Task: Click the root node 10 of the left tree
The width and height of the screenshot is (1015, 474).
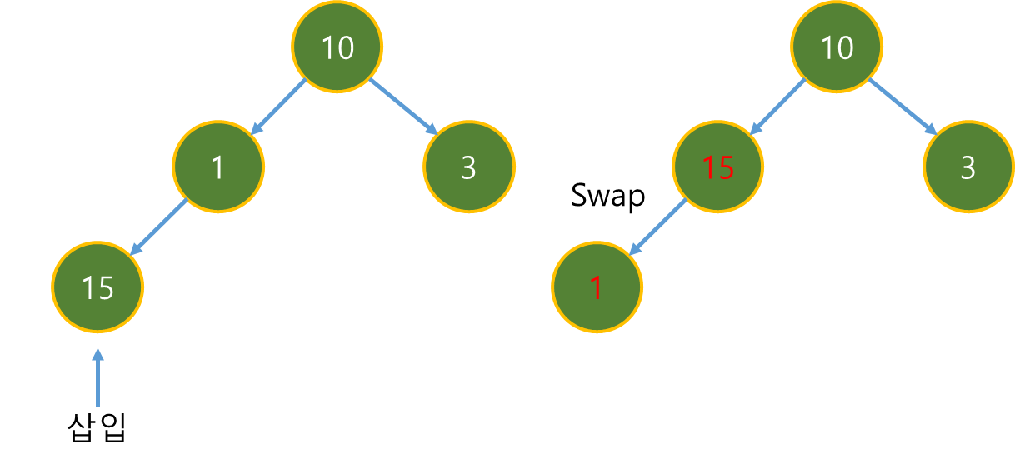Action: pos(337,47)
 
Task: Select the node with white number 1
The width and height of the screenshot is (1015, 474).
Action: pos(218,167)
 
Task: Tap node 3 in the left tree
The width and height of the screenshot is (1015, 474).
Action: pos(468,167)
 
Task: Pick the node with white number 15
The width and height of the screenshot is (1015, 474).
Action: pos(97,287)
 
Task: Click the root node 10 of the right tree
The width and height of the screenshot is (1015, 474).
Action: pos(837,47)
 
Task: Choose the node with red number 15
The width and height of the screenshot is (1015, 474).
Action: pos(717,167)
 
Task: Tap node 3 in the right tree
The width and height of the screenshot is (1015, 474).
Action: pos(967,167)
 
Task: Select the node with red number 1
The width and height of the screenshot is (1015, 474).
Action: pos(597,287)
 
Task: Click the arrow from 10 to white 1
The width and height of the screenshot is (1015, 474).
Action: pos(279,107)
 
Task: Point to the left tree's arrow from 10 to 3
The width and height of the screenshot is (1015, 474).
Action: pos(403,107)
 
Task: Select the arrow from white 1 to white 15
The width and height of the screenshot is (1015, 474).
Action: pos(159,227)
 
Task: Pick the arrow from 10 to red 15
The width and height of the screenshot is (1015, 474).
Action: pos(778,107)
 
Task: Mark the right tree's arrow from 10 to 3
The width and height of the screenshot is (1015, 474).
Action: pos(902,107)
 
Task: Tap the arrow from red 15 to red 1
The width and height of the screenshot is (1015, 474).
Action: pos(657,227)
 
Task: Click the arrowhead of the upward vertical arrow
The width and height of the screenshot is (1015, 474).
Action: pos(98,353)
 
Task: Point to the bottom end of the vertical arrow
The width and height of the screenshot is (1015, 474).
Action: pos(98,405)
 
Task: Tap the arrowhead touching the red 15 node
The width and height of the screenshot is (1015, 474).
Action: pos(755,129)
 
